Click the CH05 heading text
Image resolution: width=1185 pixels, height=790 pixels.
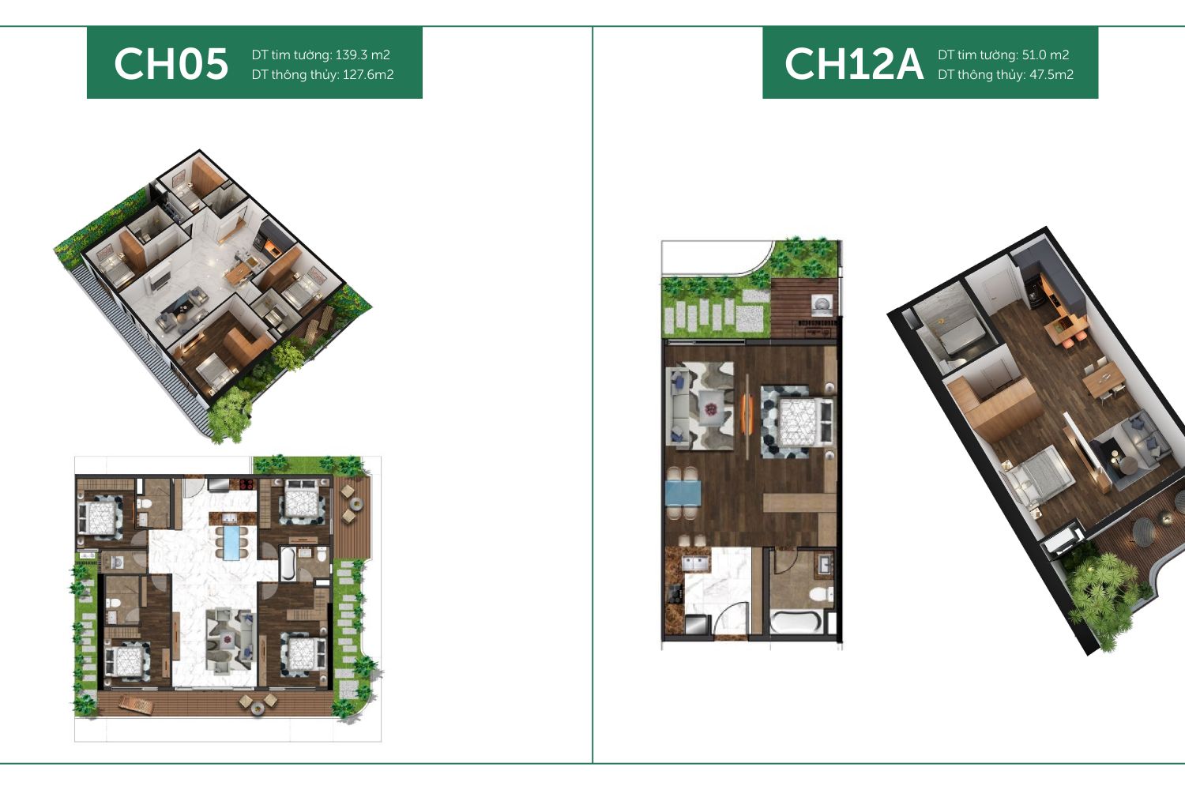171,64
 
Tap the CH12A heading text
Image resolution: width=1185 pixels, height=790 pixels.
854,64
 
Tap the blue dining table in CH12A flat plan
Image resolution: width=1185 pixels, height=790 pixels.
683,493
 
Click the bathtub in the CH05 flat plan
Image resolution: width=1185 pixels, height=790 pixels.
288,563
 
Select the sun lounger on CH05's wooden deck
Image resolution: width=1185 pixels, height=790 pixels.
136,704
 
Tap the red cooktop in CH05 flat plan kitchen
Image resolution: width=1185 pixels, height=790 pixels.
246,483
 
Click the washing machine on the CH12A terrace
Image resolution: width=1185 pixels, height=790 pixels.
822,304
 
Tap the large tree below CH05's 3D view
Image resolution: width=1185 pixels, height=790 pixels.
230,415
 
